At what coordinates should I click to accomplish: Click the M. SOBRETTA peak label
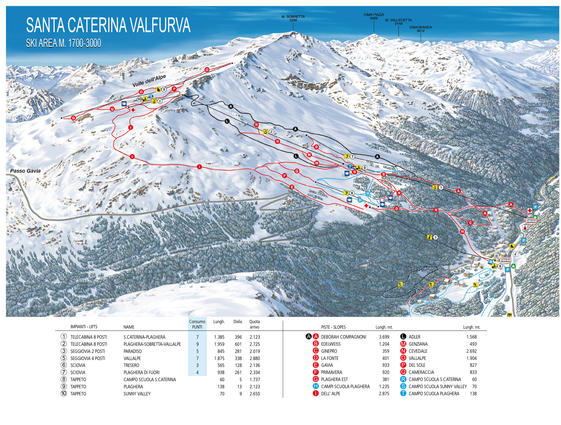[x=293, y=18]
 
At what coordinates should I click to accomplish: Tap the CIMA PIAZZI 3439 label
[x=374, y=16]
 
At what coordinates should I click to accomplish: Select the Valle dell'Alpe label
[x=149, y=81]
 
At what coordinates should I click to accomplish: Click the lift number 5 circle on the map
[x=164, y=90]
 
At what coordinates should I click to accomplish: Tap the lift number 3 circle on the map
[x=435, y=237]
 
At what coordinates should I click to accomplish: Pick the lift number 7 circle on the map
[x=353, y=156]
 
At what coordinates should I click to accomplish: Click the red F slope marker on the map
[x=284, y=176]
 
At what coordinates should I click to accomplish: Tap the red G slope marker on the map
[x=297, y=171]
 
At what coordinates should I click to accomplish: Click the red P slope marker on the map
[x=174, y=89]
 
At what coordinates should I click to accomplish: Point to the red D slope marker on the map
[x=396, y=209]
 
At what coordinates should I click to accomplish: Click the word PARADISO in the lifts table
[x=133, y=351]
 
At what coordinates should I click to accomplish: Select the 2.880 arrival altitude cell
[x=255, y=358]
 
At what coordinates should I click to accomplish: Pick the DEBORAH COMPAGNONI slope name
[x=343, y=337]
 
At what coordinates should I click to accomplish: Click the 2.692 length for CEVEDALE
[x=471, y=351]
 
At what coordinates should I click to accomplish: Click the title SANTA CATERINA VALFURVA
[x=108, y=25]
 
